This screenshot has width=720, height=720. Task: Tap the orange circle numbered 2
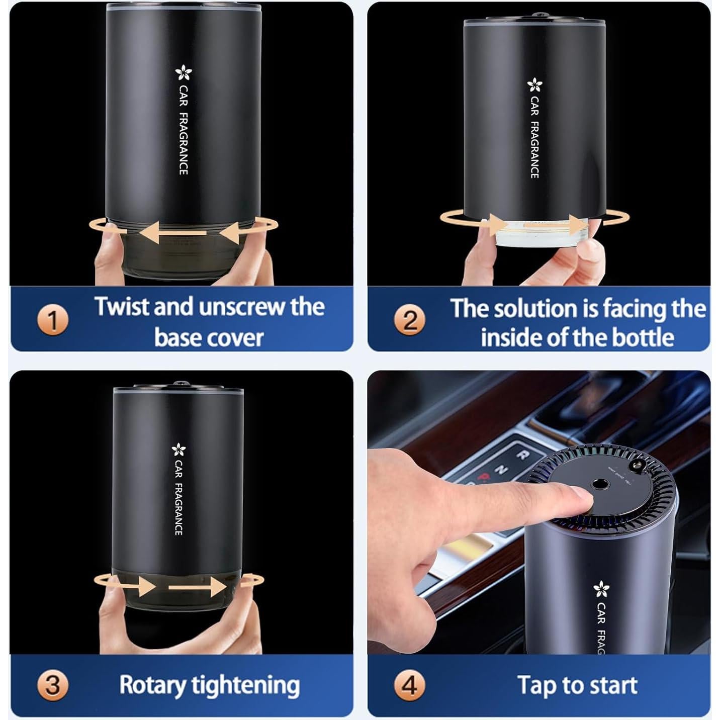[410, 320]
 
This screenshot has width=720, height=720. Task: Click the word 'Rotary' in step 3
[152, 685]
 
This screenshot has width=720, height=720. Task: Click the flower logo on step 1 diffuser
[183, 74]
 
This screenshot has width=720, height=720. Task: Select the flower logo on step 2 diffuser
[534, 85]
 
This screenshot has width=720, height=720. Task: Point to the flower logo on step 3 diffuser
[178, 449]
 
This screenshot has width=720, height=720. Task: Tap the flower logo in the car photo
[601, 588]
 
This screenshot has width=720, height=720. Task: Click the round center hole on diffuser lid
[598, 485]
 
